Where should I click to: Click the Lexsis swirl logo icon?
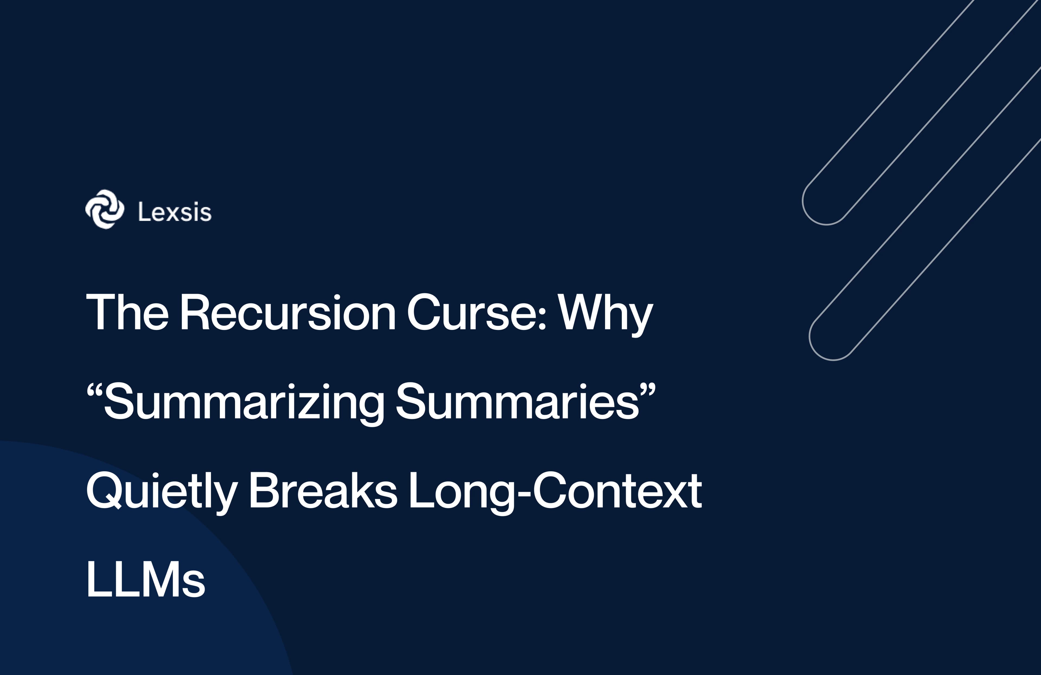point(105,209)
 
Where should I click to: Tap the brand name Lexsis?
point(175,212)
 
